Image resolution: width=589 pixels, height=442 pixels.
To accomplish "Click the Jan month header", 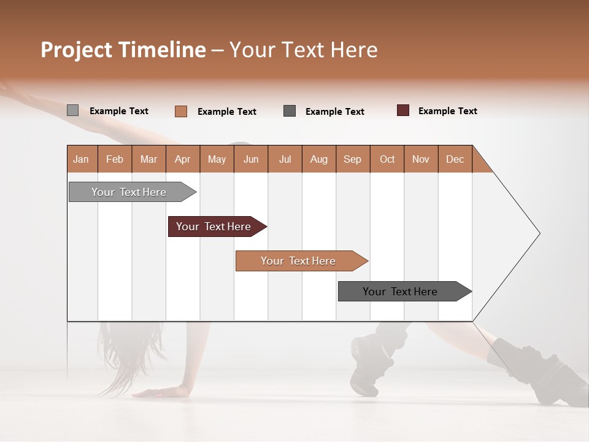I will click(82, 159).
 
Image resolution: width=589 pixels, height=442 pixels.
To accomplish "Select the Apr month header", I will click(183, 159).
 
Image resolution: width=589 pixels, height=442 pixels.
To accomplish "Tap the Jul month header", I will click(285, 159).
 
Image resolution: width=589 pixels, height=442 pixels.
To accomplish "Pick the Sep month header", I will click(352, 159).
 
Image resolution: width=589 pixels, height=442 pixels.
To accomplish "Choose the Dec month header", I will click(455, 159).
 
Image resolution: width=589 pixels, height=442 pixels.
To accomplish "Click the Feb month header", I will click(115, 159).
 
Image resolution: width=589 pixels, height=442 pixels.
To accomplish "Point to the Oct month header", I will click(387, 159).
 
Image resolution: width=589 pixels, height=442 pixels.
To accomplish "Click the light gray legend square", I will click(72, 110).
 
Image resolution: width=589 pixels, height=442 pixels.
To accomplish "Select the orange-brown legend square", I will click(181, 111).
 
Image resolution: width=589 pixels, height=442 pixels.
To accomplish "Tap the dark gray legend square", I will click(290, 111).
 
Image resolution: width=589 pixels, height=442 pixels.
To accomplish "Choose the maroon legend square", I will click(403, 110).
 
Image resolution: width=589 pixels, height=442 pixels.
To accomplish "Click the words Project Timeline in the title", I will click(123, 50).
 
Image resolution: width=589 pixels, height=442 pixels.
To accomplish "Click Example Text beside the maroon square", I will click(447, 111).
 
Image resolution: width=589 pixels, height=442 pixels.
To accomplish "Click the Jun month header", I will click(251, 159).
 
